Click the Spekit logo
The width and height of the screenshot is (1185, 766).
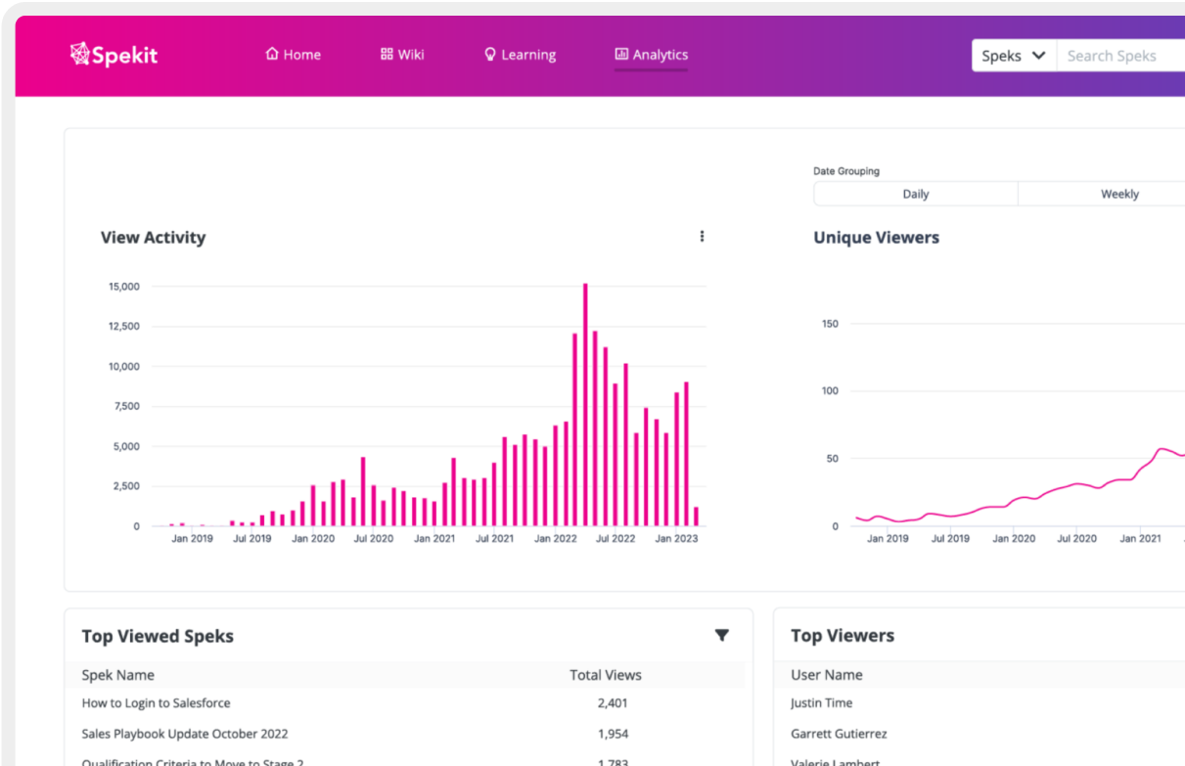pyautogui.click(x=114, y=55)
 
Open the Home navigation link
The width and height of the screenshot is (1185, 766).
pyautogui.click(x=293, y=55)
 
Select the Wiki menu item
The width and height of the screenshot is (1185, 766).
pyautogui.click(x=402, y=55)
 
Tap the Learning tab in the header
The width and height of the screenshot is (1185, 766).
pyautogui.click(x=520, y=55)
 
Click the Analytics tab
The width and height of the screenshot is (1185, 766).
pyautogui.click(x=651, y=55)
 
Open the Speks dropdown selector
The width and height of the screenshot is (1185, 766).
pyautogui.click(x=1014, y=56)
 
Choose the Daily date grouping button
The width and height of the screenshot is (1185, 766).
pyautogui.click(x=915, y=194)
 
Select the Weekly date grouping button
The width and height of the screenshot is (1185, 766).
pyautogui.click(x=1118, y=194)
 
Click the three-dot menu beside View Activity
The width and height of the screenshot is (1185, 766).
pyautogui.click(x=702, y=236)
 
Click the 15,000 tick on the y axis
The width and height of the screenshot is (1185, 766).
pyautogui.click(x=123, y=287)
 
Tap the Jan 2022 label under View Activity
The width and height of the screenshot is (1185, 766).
pyautogui.click(x=557, y=538)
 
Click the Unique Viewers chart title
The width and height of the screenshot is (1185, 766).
pyautogui.click(x=876, y=238)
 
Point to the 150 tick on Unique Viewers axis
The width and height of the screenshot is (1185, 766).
pyautogui.click(x=830, y=324)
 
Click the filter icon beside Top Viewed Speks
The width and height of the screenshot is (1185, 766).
pyautogui.click(x=721, y=635)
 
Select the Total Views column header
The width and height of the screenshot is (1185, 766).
pyautogui.click(x=606, y=675)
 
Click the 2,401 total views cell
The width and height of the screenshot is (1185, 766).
pyautogui.click(x=613, y=702)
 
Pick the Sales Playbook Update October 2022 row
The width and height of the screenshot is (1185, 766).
pyautogui.click(x=185, y=733)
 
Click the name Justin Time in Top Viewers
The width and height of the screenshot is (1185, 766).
pyautogui.click(x=821, y=702)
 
